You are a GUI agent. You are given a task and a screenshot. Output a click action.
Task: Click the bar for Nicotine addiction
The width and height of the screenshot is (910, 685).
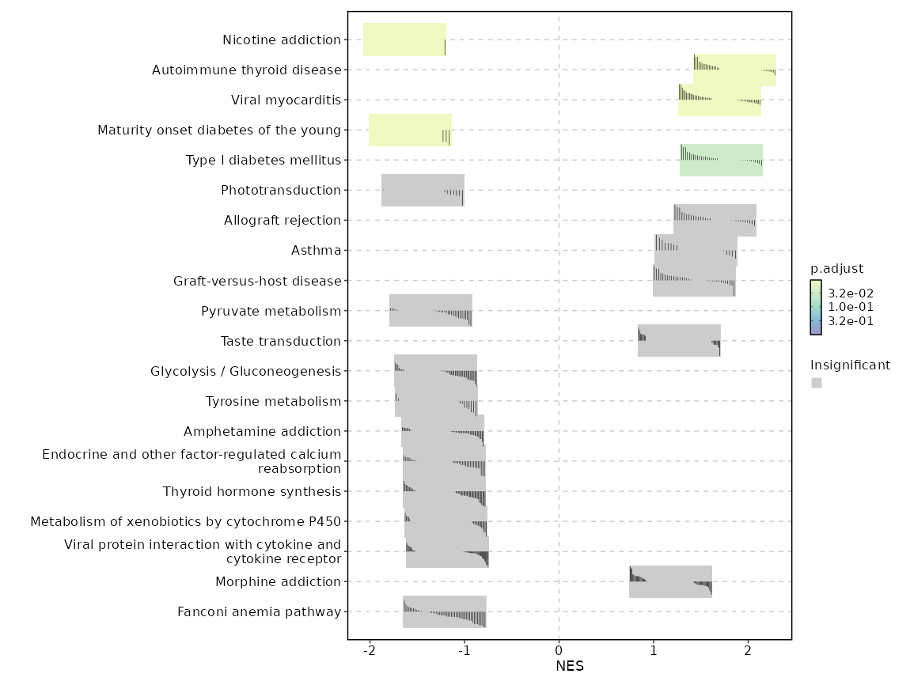[x=404, y=40]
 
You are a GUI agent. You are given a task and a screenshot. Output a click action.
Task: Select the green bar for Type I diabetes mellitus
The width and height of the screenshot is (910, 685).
[x=721, y=160]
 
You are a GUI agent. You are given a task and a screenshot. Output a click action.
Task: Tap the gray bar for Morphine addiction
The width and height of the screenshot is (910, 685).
[x=670, y=581]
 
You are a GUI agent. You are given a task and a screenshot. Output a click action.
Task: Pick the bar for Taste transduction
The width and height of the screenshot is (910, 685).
[x=679, y=340]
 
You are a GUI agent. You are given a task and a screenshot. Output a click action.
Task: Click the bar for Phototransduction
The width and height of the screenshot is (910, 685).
[x=423, y=190]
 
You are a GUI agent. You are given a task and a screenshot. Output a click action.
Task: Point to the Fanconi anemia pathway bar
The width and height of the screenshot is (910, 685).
[x=444, y=611]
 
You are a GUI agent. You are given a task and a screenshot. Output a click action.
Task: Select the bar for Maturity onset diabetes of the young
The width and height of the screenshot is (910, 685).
[x=410, y=130]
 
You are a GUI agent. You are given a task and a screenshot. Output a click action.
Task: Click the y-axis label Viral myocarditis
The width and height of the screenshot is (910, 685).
[x=286, y=100]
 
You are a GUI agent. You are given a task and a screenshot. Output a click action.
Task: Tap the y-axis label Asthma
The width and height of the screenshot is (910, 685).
[x=316, y=251]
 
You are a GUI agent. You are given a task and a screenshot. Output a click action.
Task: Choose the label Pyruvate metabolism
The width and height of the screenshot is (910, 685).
[x=271, y=311]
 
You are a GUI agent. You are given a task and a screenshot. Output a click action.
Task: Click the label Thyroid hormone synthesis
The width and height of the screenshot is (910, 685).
[x=252, y=491]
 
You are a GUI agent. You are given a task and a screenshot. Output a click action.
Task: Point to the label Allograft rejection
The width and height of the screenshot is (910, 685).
[x=282, y=221]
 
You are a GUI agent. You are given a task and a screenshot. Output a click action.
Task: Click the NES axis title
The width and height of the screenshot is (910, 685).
[x=569, y=666]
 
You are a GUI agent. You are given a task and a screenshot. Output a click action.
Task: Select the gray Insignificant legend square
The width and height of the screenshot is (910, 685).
[x=817, y=383]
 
